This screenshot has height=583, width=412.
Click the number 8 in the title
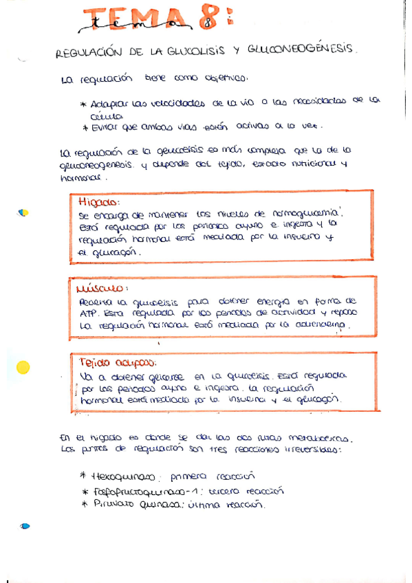pos(205,20)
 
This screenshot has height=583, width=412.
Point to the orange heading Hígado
pos(98,202)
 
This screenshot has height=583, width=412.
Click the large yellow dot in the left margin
pos(23,367)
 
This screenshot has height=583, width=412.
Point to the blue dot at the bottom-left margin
pos(25,527)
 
